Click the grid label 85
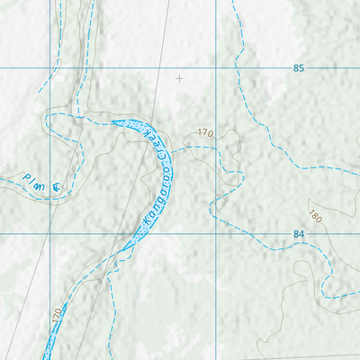(x=299, y=68)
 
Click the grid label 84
(x=299, y=234)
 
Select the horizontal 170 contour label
(x=205, y=133)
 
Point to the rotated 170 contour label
(x=57, y=316)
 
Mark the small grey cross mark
(x=179, y=78)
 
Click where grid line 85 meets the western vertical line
(x=49, y=68)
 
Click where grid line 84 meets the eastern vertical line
(x=217, y=234)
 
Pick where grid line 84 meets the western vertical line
(x=49, y=234)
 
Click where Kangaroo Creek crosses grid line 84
(x=137, y=234)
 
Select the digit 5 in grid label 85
(x=302, y=68)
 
